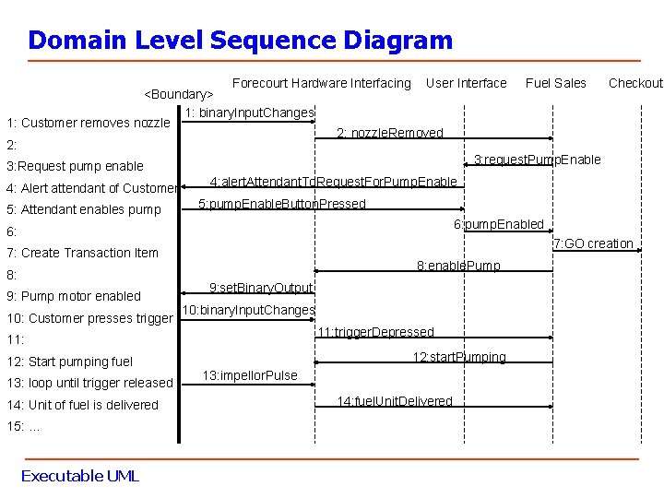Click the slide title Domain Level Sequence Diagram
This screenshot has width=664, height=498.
(240, 41)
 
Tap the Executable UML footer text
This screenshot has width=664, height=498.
(79, 476)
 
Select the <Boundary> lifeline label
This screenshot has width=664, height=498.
(179, 94)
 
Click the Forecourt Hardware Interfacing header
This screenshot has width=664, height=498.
(321, 83)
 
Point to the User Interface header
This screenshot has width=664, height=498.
(466, 83)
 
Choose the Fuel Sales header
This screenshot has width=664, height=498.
(555, 83)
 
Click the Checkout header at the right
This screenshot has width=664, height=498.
(635, 83)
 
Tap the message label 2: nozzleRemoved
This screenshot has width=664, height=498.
(390, 133)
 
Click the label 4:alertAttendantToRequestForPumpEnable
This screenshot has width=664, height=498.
(333, 182)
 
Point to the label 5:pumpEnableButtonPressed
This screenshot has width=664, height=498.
(282, 204)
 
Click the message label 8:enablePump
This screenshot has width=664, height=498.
(458, 266)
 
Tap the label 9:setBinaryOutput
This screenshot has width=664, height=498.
(261, 288)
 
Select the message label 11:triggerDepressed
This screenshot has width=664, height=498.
(374, 332)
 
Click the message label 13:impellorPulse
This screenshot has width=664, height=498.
(250, 375)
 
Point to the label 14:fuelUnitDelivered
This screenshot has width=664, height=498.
(395, 401)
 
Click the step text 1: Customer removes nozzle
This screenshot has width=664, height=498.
(89, 123)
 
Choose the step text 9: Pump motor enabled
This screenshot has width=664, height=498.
(74, 296)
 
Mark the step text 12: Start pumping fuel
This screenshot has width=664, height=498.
(70, 362)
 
